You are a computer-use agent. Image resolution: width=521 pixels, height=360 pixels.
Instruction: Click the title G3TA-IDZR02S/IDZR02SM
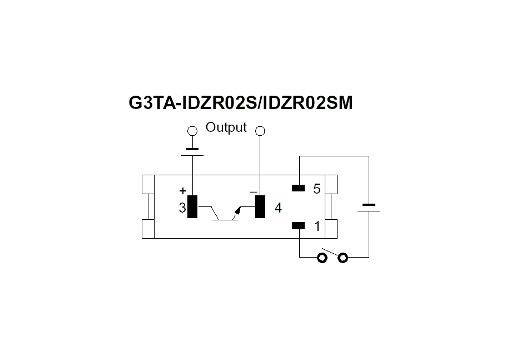241,103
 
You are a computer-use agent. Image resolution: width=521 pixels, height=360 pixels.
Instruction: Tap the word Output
226,127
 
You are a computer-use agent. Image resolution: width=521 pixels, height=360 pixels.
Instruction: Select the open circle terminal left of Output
192,131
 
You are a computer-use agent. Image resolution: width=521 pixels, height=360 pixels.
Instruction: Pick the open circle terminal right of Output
260,131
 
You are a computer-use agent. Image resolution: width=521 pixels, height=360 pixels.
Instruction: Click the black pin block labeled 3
192,207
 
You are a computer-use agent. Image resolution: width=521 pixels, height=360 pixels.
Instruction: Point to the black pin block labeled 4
260,207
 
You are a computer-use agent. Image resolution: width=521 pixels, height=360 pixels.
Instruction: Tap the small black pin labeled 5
298,188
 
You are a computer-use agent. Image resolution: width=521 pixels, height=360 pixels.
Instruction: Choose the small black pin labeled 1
298,226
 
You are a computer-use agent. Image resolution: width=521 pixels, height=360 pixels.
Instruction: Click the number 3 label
182,208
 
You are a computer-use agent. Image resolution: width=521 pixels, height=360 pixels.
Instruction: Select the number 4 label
278,208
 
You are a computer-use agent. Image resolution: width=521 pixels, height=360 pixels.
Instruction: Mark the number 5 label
317,189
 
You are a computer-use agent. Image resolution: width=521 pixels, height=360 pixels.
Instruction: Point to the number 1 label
317,226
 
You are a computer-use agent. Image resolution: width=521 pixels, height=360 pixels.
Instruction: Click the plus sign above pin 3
182,191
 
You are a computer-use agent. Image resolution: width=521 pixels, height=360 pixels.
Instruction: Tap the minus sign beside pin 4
253,192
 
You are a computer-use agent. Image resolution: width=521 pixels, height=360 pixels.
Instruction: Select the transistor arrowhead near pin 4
238,210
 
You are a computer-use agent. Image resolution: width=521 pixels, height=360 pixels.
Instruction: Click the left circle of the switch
322,258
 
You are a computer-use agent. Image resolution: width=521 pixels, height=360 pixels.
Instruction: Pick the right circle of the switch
343,258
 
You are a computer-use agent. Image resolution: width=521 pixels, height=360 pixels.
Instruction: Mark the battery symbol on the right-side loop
369,208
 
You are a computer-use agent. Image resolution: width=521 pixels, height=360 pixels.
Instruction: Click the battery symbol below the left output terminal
192,152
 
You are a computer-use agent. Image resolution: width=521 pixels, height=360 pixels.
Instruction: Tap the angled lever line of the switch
330,252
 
